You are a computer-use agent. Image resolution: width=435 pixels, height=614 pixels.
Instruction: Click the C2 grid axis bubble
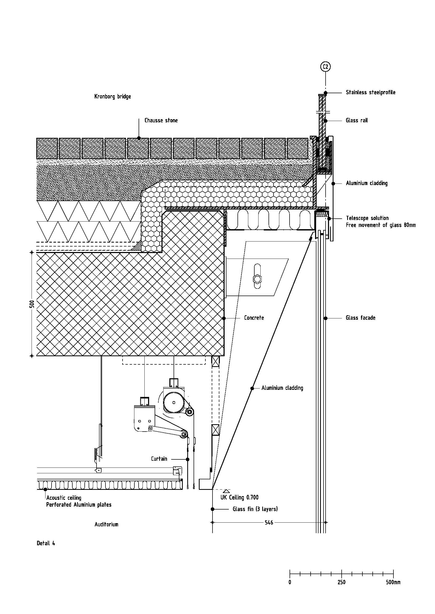[x=325, y=67]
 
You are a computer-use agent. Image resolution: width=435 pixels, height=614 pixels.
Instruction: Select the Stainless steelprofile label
[x=371, y=92]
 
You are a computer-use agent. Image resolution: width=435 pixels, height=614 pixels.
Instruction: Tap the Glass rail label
[x=357, y=120]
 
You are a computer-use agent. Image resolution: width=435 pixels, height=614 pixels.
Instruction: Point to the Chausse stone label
[x=161, y=120]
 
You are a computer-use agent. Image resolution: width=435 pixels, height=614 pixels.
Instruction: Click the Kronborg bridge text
[x=113, y=96]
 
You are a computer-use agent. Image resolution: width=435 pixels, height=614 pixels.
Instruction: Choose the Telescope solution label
[x=367, y=218]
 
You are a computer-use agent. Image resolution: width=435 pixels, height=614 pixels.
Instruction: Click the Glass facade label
[x=361, y=318]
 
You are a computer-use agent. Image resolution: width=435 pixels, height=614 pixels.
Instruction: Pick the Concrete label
[x=254, y=318]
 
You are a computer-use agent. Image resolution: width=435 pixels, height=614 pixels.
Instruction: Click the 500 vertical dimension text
[x=32, y=304]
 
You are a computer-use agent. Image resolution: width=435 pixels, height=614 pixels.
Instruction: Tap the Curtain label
[x=159, y=459]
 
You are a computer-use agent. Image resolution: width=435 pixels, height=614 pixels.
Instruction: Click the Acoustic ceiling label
[x=64, y=498]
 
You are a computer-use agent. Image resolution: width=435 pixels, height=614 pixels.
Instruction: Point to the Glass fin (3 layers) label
[x=255, y=509]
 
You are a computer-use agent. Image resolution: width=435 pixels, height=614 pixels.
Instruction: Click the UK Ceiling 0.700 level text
[x=240, y=497]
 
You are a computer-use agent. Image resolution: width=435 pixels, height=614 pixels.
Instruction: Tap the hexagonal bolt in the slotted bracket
[x=257, y=280]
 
